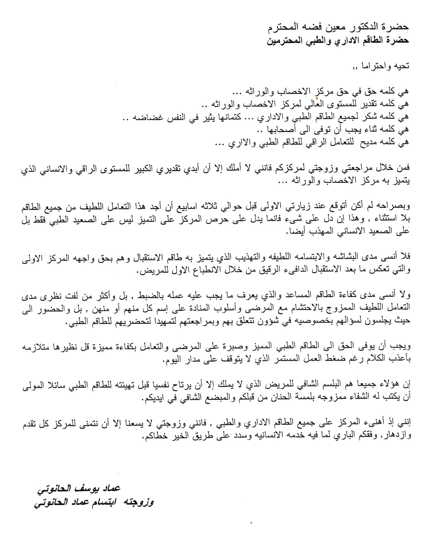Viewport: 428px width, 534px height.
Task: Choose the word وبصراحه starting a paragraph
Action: pyautogui.click(x=395, y=206)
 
